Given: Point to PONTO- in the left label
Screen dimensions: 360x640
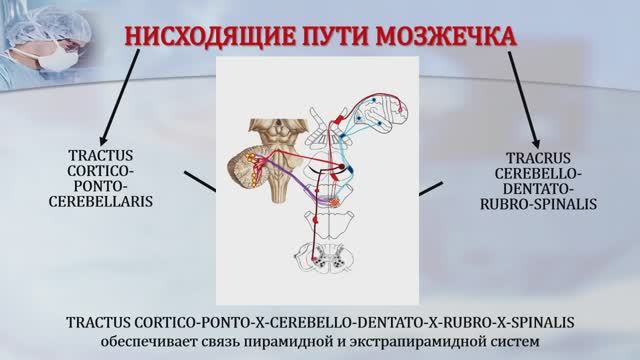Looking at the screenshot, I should click(x=116, y=186).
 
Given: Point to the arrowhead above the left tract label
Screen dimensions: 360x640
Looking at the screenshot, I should click(x=100, y=140).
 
